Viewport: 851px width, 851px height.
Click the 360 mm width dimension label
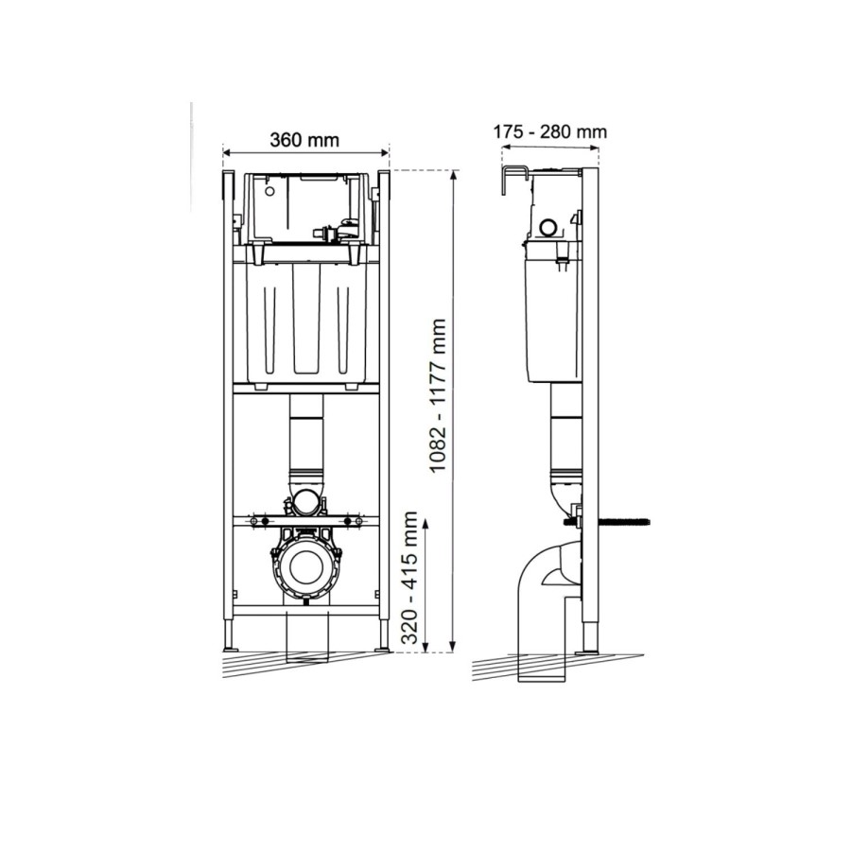[304, 140]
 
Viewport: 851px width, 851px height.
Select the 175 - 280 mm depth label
[549, 131]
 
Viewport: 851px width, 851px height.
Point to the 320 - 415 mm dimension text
[409, 579]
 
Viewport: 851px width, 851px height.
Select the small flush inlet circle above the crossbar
[305, 501]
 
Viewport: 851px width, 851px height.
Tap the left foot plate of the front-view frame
[230, 649]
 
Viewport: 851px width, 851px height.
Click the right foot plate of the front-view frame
[381, 649]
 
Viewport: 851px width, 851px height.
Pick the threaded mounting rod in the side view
[619, 519]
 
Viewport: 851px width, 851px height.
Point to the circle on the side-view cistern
[547, 227]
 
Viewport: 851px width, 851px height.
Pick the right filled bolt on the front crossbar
[347, 521]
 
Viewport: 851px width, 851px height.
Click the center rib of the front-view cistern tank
[305, 321]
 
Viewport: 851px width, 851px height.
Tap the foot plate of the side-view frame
[589, 650]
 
